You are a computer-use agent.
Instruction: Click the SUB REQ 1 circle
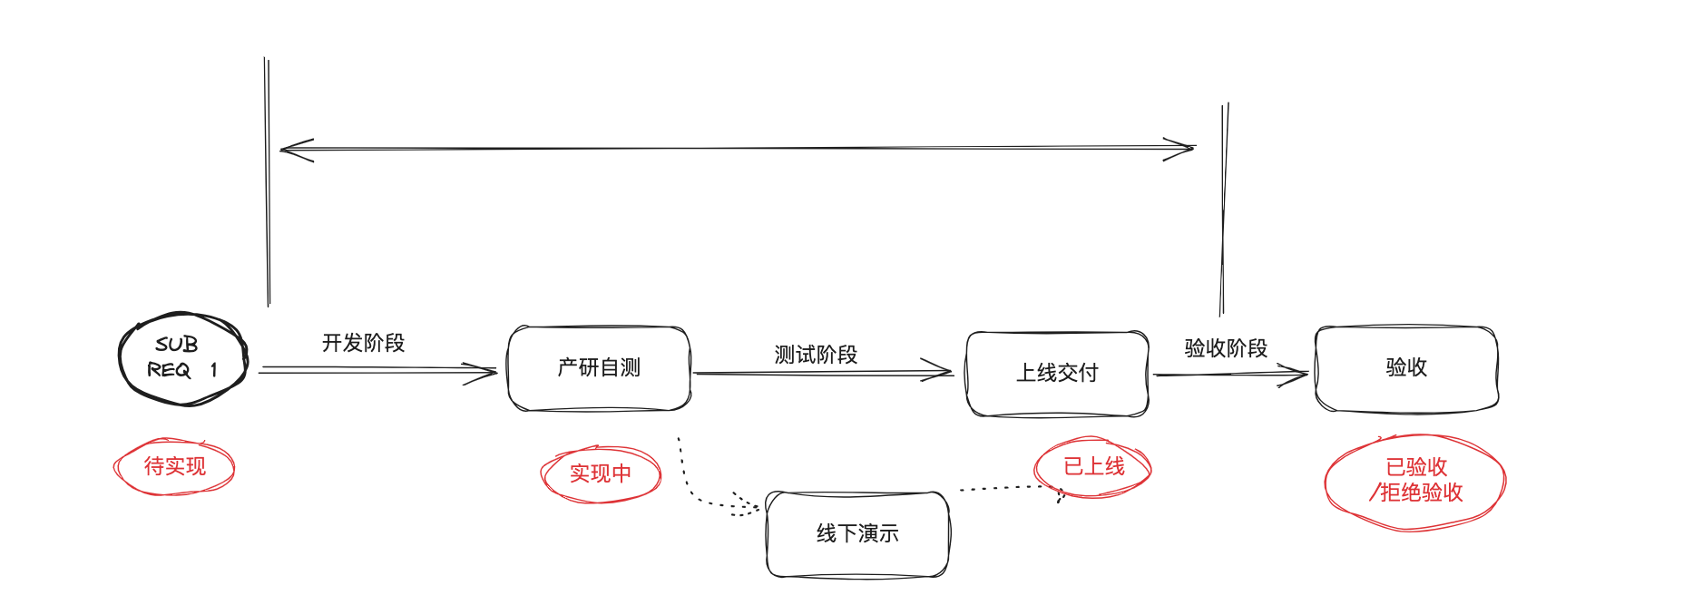[182, 358]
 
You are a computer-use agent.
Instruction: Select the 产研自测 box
[599, 368]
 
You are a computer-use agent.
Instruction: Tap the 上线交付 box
[1057, 373]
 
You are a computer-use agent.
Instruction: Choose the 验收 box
[1406, 368]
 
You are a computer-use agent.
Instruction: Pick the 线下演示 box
[857, 534]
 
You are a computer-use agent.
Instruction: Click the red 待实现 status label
[174, 467]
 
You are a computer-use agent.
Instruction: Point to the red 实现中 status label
[601, 473]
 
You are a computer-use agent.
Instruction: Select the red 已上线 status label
[1093, 467]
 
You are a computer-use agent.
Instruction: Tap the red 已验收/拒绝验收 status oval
[1415, 481]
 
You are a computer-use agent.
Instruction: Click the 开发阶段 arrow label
[363, 343]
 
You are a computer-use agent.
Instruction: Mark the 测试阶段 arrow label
[816, 355]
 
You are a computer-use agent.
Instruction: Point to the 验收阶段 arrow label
[1226, 348]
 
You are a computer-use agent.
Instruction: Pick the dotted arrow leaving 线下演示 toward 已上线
[1007, 488]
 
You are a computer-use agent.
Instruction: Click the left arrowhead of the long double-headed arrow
[295, 150]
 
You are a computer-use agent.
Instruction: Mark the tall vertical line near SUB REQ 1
[268, 181]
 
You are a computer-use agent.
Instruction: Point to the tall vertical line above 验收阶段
[1224, 209]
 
